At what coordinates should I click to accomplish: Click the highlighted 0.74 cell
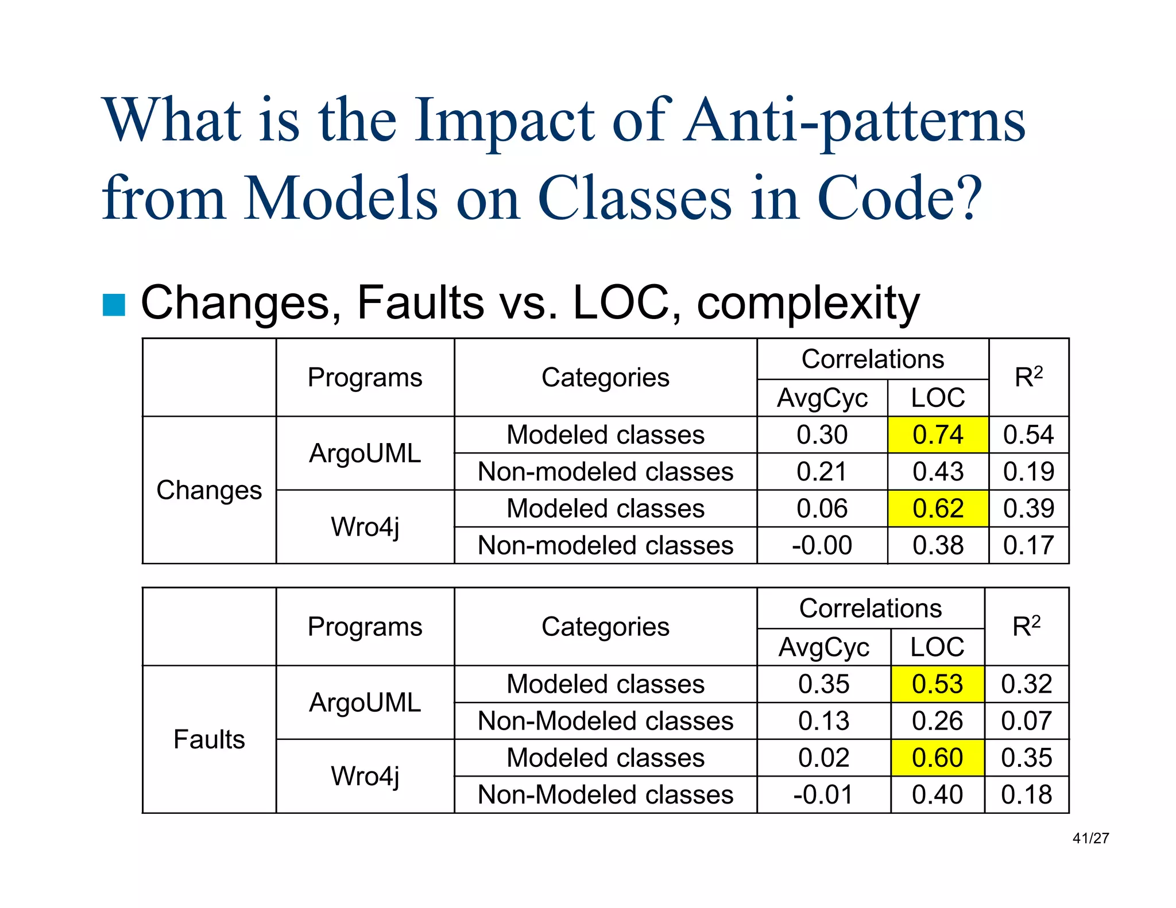click(938, 434)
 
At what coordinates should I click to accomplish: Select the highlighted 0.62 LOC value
click(938, 509)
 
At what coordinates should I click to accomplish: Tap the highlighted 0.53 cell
click(937, 684)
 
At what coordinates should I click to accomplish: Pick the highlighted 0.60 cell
click(937, 758)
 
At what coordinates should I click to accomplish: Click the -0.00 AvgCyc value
click(822, 545)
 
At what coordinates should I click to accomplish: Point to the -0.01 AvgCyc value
click(823, 795)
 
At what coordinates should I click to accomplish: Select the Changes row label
click(209, 490)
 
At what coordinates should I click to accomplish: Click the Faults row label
click(209, 739)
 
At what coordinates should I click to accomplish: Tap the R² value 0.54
click(1028, 434)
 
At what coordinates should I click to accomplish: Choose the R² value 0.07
click(1026, 721)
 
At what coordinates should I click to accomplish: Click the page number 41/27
click(1090, 839)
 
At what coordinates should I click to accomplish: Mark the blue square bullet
click(114, 305)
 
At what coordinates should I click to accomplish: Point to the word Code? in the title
click(900, 198)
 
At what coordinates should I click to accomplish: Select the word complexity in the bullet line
click(808, 304)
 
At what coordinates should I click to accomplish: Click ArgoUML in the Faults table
click(365, 703)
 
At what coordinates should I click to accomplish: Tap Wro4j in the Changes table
click(365, 527)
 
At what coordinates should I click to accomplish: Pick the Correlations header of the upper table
click(872, 359)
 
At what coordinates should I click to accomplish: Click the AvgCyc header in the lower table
click(823, 647)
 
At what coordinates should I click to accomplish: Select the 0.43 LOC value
click(938, 472)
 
